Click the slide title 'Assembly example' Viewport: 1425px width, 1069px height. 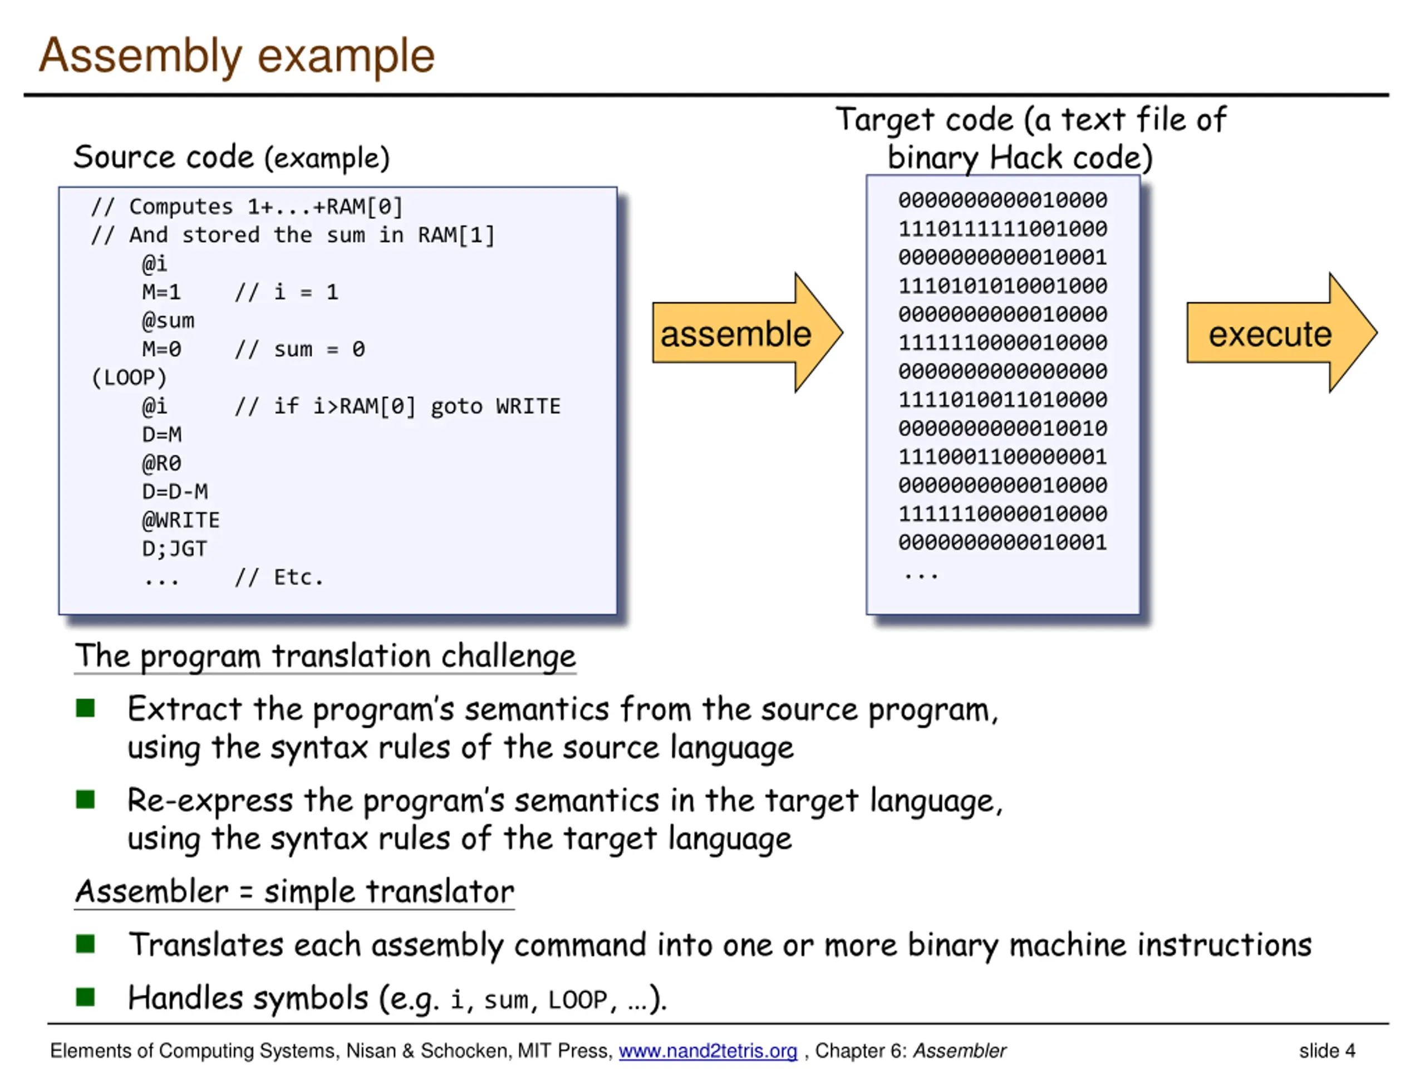pyautogui.click(x=237, y=57)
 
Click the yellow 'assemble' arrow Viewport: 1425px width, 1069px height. pyautogui.click(x=747, y=332)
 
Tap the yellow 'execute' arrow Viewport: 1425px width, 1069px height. pyautogui.click(x=1282, y=332)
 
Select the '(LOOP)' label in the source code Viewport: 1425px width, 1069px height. pyautogui.click(x=129, y=377)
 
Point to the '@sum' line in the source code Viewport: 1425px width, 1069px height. pyautogui.click(x=168, y=320)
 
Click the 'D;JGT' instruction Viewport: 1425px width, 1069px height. pyautogui.click(x=175, y=549)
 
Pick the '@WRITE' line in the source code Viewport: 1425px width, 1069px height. pyautogui.click(x=181, y=520)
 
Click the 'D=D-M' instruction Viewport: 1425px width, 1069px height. pyautogui.click(x=175, y=492)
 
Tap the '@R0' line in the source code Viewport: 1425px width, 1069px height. pyautogui.click(x=161, y=463)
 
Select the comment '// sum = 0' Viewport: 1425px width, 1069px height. pyautogui.click(x=300, y=349)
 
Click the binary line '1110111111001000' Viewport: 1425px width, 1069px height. pyautogui.click(x=1003, y=229)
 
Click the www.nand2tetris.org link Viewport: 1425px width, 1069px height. pyautogui.click(x=708, y=1050)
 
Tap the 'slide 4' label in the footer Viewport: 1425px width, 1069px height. pyautogui.click(x=1327, y=1050)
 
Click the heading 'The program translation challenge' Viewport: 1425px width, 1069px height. pyautogui.click(x=325, y=656)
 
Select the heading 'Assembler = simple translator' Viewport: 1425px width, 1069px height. pyautogui.click(x=294, y=892)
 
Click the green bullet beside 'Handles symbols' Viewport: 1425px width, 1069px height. pyautogui.click(x=85, y=997)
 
